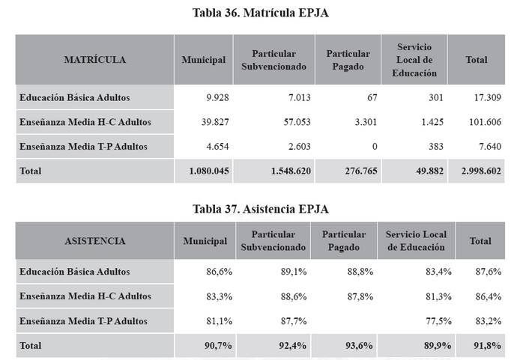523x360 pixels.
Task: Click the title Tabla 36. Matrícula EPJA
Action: click(261, 13)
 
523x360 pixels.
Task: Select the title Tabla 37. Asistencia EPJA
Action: click(261, 209)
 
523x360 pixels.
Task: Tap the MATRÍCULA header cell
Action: click(95, 60)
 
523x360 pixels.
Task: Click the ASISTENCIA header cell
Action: click(95, 241)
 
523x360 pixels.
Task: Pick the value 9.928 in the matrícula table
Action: click(212, 97)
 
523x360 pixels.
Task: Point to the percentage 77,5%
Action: click(438, 321)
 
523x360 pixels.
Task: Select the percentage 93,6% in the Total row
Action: click(358, 346)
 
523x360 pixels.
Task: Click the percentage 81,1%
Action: click(218, 321)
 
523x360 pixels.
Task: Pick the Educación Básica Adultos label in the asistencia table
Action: click(75, 272)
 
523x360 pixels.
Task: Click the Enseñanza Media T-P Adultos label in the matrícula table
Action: click(83, 147)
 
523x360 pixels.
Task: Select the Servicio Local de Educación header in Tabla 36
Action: click(414, 60)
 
